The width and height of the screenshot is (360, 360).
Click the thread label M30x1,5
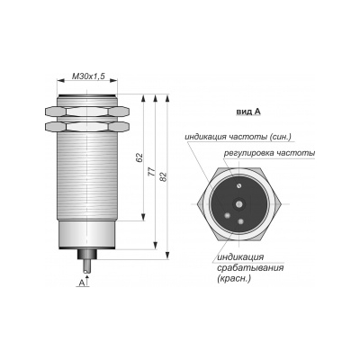pos(88,76)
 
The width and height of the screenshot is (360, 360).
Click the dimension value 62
pos(139,157)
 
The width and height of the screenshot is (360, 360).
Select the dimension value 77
pos(152,171)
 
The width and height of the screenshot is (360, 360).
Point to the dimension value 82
pos(163,176)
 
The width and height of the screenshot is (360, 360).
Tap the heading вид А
pos(248,112)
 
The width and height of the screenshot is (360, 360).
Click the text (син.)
pos(280,137)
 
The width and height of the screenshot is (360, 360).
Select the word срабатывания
pos(250,267)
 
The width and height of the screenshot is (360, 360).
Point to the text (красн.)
pos(233,278)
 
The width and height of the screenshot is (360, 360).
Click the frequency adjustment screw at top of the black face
pos(238,186)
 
